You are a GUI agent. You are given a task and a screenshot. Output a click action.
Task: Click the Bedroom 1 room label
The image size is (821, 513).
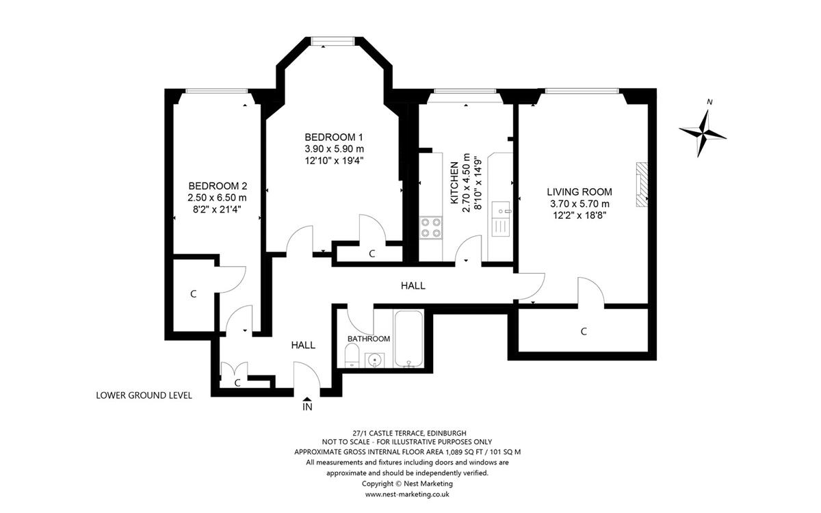pyautogui.click(x=334, y=137)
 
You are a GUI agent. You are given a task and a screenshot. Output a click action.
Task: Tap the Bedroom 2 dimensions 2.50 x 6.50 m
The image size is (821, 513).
pyautogui.click(x=217, y=198)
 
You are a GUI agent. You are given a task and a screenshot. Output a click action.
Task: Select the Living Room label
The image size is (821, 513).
pyautogui.click(x=579, y=192)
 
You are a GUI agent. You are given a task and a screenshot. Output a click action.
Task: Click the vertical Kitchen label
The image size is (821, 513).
pyautogui.click(x=454, y=183)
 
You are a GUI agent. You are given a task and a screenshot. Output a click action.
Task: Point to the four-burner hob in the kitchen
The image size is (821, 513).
pyautogui.click(x=430, y=228)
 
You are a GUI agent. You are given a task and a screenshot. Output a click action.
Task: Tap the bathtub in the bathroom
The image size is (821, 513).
pyautogui.click(x=408, y=338)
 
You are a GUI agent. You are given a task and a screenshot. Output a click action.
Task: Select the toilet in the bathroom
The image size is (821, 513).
pyautogui.click(x=352, y=355)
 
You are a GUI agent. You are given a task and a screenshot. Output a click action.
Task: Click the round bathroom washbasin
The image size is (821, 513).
pyautogui.click(x=375, y=360)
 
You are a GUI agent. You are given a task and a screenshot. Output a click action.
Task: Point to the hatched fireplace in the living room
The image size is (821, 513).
pyautogui.click(x=642, y=185)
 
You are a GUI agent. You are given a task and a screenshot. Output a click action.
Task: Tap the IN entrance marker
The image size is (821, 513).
pyautogui.click(x=307, y=404)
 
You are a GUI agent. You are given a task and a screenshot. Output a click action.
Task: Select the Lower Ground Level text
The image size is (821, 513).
pyautogui.click(x=144, y=395)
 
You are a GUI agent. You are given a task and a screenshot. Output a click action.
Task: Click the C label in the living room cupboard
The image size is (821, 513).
pyautogui.click(x=584, y=332)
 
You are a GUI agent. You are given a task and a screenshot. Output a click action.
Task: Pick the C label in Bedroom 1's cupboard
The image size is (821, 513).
pyautogui.click(x=372, y=254)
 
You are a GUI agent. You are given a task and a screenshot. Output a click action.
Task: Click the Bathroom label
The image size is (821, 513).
pyautogui.click(x=369, y=339)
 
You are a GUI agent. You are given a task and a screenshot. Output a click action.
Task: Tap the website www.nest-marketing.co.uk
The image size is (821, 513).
pyautogui.click(x=407, y=495)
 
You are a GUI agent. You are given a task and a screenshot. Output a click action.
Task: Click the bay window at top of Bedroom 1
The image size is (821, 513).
pyautogui.click(x=333, y=41)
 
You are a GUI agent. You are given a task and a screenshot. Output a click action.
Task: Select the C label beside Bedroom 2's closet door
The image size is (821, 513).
pyautogui.click(x=194, y=294)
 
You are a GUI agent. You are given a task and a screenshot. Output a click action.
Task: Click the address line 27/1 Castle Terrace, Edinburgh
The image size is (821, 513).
pyautogui.click(x=407, y=433)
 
